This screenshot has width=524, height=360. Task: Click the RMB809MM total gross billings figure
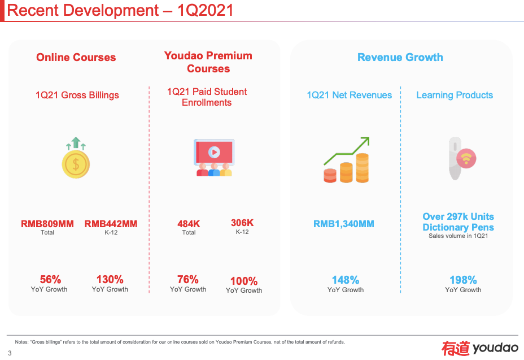[x=47, y=224]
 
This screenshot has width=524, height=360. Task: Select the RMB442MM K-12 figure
[x=111, y=224]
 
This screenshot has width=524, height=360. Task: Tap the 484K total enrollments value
[x=189, y=224]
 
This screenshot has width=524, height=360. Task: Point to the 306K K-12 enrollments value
[x=242, y=223]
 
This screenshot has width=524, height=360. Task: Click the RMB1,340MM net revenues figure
[x=344, y=224]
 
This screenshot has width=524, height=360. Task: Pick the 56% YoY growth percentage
[x=50, y=279]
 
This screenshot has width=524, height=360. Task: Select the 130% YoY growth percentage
[x=110, y=279]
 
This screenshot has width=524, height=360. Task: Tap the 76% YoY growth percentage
[x=188, y=279]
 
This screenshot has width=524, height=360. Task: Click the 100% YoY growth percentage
[x=244, y=281]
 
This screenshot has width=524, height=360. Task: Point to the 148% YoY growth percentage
[x=346, y=280]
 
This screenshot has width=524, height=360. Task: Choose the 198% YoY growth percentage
[x=463, y=280]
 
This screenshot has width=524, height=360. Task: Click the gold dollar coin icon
[x=76, y=164]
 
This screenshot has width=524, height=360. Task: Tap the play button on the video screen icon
[x=214, y=151]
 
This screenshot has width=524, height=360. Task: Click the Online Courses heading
[x=76, y=57]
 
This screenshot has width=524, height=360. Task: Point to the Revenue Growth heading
[x=400, y=57]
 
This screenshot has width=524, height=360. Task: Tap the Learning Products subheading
[x=455, y=95]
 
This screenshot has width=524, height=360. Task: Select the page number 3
[x=10, y=353]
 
